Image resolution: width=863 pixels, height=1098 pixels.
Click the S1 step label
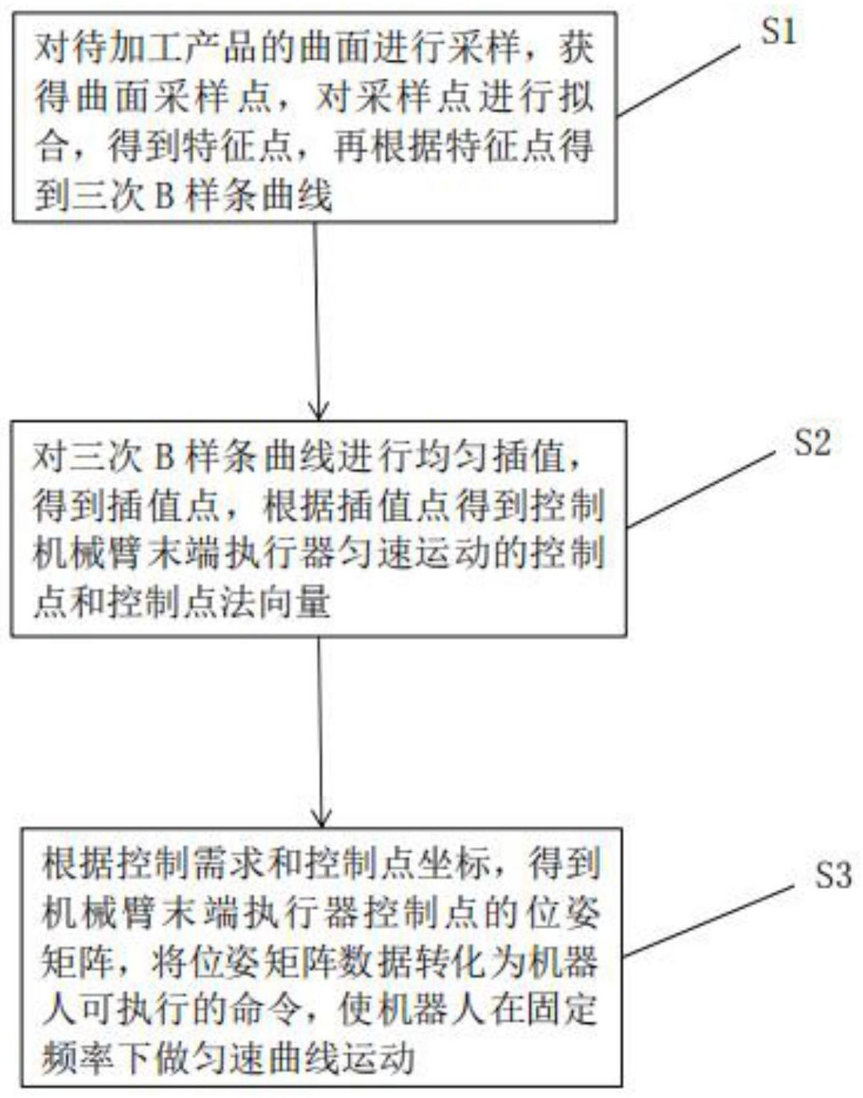778,32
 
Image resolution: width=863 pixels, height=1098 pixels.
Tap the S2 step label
812,443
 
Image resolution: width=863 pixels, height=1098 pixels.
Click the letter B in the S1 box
162,197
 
